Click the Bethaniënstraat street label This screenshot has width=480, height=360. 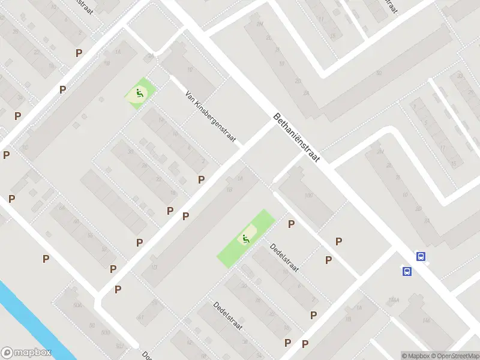click(x=297, y=137)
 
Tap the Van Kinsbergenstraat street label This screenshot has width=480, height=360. click(x=212, y=118)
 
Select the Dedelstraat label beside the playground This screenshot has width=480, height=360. click(x=284, y=257)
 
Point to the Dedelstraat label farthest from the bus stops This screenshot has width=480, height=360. click(x=227, y=314)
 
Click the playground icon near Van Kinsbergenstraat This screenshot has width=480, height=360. click(x=139, y=93)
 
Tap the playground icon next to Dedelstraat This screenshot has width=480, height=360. click(x=245, y=239)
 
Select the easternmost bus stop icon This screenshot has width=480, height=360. click(x=421, y=256)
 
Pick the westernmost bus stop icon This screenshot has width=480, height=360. click(x=407, y=271)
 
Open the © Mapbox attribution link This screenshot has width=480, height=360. click(x=416, y=356)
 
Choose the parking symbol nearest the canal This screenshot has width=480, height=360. click(x=46, y=259)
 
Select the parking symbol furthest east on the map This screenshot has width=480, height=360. click(x=339, y=241)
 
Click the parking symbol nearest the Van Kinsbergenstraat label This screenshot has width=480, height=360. click(x=202, y=179)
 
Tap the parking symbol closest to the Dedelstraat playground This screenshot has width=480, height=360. click(x=292, y=224)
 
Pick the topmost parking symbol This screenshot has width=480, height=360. click(x=79, y=53)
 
